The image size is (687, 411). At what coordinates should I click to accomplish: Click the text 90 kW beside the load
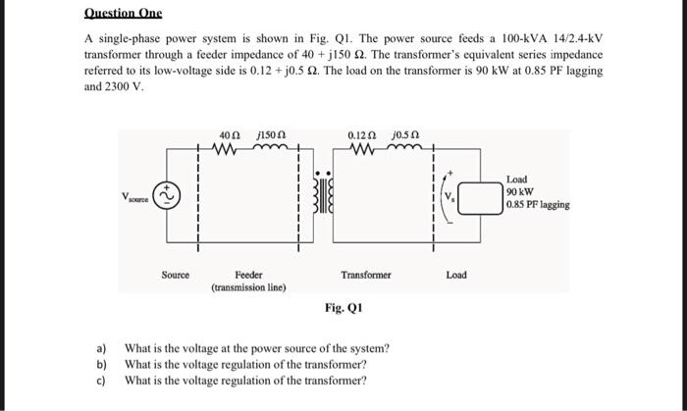tap(520, 192)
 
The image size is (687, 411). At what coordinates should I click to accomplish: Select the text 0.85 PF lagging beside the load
tap(538, 205)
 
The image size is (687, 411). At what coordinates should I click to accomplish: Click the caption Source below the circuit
tap(175, 276)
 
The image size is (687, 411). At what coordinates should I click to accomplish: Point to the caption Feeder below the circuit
tap(248, 276)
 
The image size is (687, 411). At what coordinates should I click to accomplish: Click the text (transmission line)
tap(248, 288)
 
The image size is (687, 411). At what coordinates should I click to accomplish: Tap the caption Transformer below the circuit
tap(365, 276)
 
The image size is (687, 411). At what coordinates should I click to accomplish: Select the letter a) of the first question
tap(100, 348)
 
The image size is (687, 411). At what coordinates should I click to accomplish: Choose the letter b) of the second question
tap(100, 364)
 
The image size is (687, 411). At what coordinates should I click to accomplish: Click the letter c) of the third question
tap(100, 380)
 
